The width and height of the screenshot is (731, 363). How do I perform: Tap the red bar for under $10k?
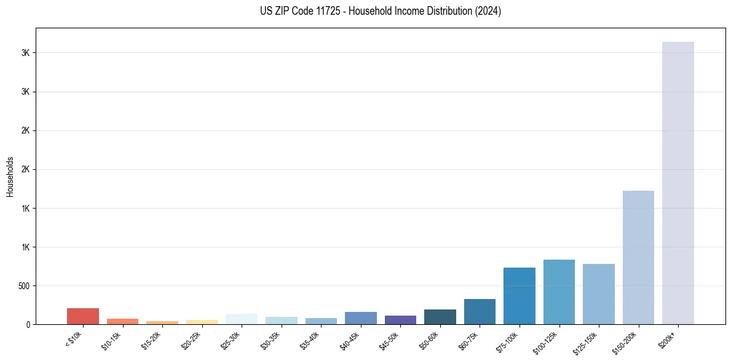click(x=83, y=316)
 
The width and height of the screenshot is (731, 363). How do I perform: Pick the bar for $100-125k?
click(x=559, y=292)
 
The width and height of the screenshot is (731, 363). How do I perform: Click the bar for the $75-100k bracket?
click(x=520, y=296)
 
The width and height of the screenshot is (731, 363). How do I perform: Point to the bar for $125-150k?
click(x=599, y=294)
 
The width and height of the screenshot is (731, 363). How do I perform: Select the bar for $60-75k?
click(x=480, y=311)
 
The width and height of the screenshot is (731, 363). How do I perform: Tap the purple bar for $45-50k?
click(x=400, y=320)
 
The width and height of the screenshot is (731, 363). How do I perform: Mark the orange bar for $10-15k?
click(x=122, y=321)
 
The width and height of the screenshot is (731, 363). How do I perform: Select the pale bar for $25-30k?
click(x=242, y=319)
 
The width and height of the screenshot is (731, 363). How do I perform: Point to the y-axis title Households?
click(x=10, y=176)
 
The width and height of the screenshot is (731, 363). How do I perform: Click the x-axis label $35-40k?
click(x=310, y=341)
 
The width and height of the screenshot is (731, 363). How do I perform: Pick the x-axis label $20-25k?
click(x=191, y=341)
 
